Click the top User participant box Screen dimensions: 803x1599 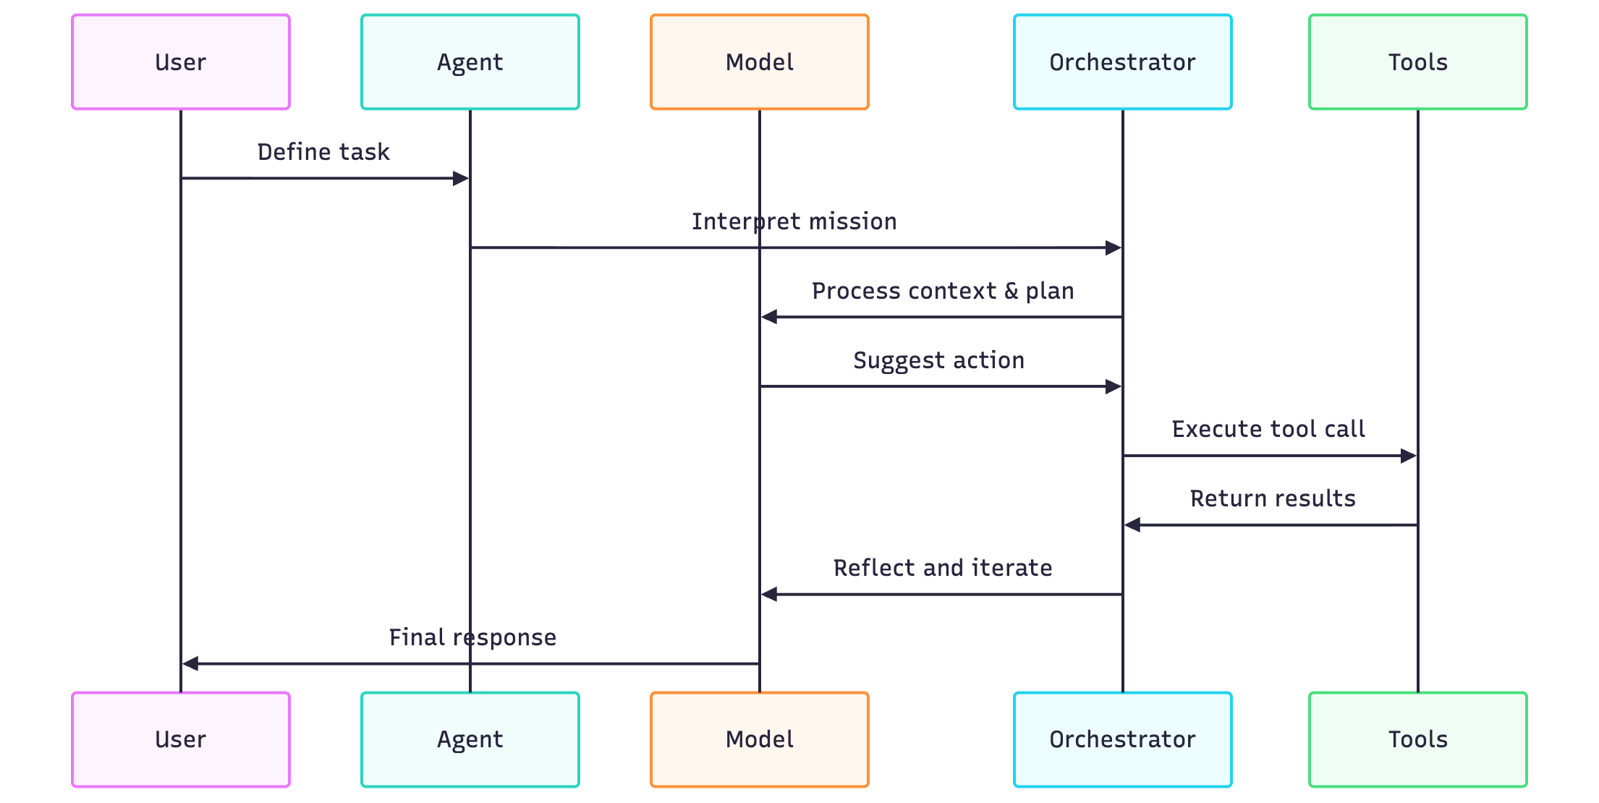pyautogui.click(x=181, y=62)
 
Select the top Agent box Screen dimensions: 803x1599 pyautogui.click(x=470, y=62)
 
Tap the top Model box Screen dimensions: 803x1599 pyautogui.click(x=760, y=62)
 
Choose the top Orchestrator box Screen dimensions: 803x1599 pyautogui.click(x=1122, y=62)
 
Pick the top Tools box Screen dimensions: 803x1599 pyautogui.click(x=1417, y=62)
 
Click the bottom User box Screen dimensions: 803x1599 pyautogui.click(x=181, y=739)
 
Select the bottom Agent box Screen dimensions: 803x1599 pyautogui.click(x=470, y=739)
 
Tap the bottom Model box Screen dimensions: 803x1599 pyautogui.click(x=760, y=739)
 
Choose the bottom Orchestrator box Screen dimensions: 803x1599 pyautogui.click(x=1122, y=739)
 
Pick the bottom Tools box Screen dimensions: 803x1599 pyautogui.click(x=1417, y=739)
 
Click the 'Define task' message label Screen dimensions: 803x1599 pyautogui.click(x=323, y=152)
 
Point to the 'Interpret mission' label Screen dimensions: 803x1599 pyautogui.click(x=794, y=221)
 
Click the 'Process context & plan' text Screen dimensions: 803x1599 pyautogui.click(x=942, y=291)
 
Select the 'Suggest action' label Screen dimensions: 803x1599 pyautogui.click(x=938, y=360)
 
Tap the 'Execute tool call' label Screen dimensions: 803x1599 pyautogui.click(x=1268, y=429)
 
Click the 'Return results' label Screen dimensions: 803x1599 pyautogui.click(x=1272, y=498)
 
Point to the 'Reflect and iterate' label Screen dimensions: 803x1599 pyautogui.click(x=942, y=568)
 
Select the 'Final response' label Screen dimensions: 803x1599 pyautogui.click(x=472, y=637)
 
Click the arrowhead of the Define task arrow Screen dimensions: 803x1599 pyautogui.click(x=460, y=179)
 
